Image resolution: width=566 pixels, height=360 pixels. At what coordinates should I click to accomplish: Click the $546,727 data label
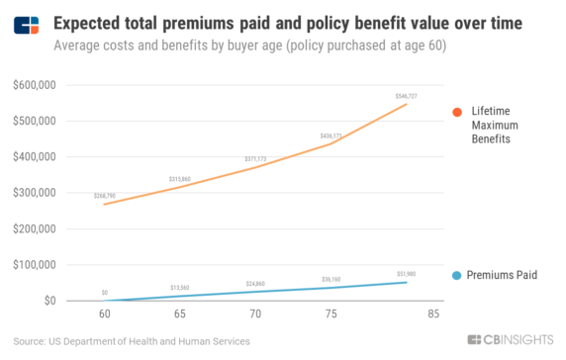407,96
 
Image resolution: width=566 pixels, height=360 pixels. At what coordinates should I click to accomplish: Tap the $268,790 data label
105,196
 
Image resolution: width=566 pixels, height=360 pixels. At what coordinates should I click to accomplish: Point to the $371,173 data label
257,159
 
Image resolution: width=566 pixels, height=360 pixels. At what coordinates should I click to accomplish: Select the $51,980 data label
407,274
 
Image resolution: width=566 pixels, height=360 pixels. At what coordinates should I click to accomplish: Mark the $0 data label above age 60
105,293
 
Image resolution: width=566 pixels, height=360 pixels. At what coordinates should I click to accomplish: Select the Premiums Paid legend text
502,275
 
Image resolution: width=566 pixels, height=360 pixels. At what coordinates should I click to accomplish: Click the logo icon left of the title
27,24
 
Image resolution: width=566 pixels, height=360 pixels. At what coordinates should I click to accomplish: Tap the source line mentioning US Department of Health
133,341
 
